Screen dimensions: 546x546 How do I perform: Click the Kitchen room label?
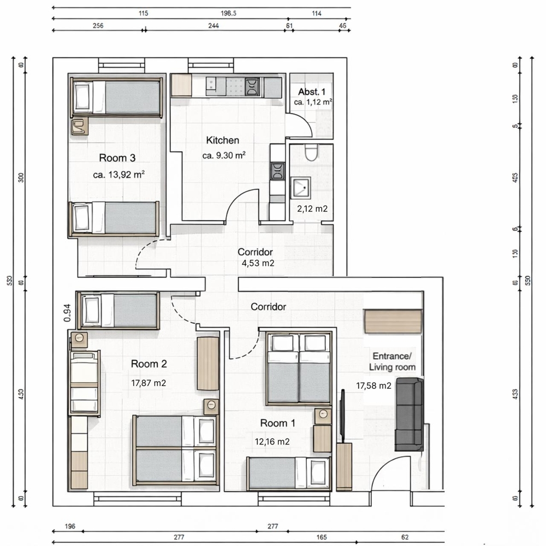click(222, 140)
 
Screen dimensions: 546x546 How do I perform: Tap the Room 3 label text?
click(117, 158)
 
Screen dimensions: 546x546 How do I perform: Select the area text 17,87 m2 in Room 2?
click(149, 383)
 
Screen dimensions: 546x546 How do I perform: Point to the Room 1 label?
click(277, 423)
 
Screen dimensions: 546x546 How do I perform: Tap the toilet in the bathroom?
click(311, 152)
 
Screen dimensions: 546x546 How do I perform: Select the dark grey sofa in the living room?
click(409, 414)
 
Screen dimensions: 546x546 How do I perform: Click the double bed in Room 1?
click(299, 369)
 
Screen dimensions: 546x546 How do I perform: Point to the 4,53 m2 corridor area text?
click(257, 263)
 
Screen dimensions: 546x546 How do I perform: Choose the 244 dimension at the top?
click(215, 25)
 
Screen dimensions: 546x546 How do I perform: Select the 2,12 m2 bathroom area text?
click(312, 208)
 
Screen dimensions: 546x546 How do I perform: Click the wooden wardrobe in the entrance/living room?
click(393, 321)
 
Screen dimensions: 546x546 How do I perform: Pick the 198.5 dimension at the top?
click(228, 13)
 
